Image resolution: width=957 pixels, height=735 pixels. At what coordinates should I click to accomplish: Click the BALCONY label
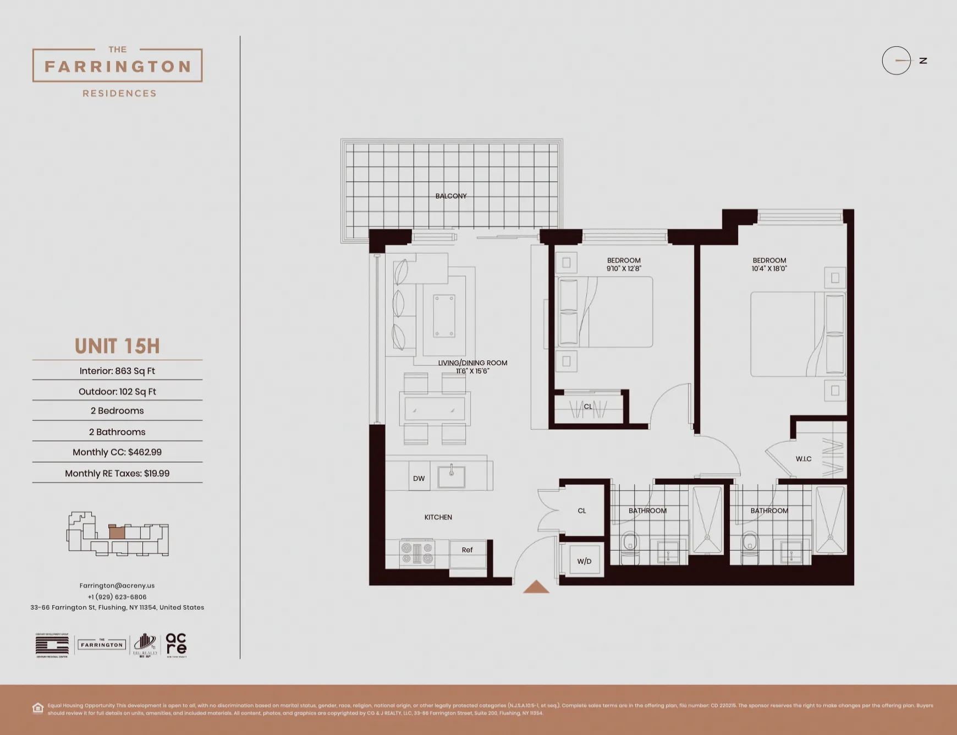(451, 196)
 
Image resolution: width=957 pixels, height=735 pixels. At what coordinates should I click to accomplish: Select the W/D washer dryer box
(584, 561)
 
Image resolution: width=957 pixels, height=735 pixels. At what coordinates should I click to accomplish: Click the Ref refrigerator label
(468, 550)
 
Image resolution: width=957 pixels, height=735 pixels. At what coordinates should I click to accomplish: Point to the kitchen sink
(452, 476)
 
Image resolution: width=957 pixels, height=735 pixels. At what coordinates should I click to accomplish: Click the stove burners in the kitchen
(417, 553)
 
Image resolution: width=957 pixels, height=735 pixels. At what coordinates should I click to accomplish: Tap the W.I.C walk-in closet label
(804, 459)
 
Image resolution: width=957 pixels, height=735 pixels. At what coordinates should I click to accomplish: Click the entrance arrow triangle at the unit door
(536, 588)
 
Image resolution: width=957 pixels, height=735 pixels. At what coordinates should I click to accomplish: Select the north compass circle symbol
(897, 61)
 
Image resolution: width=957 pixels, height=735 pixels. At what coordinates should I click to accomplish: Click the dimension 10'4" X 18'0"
(769, 269)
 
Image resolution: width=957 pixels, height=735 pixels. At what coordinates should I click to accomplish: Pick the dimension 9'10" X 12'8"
(624, 269)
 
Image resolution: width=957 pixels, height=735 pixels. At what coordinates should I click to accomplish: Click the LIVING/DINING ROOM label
(472, 363)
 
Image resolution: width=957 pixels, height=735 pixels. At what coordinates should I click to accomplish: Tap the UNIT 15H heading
(117, 347)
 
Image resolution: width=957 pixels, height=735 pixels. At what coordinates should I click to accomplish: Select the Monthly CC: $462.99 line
(117, 452)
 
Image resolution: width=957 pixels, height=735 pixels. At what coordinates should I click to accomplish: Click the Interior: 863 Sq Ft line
(117, 371)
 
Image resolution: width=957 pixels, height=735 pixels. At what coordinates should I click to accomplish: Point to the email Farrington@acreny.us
(117, 586)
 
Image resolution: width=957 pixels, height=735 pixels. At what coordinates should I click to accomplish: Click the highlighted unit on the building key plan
(117, 532)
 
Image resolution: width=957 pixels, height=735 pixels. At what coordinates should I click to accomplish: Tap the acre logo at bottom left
(176, 644)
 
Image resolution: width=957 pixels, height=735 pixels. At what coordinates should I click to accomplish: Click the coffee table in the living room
(444, 316)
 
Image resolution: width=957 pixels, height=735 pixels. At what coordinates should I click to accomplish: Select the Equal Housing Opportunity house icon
(38, 708)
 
